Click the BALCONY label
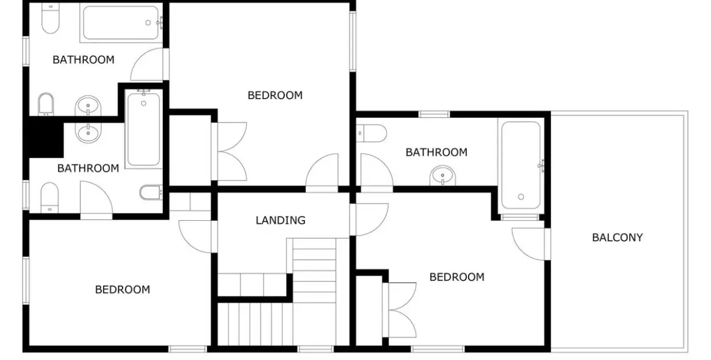[x=617, y=237]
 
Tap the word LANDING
[x=280, y=220]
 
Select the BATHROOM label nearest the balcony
[x=436, y=152]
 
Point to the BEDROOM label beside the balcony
[x=457, y=276]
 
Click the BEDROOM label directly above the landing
[x=275, y=95]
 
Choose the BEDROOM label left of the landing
[x=123, y=289]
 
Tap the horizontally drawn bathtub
[x=121, y=23]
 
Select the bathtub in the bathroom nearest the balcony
[x=521, y=165]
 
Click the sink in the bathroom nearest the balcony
[x=442, y=176]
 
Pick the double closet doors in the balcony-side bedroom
[x=399, y=310]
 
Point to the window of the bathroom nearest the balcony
[x=434, y=114]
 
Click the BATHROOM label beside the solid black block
[x=88, y=168]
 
